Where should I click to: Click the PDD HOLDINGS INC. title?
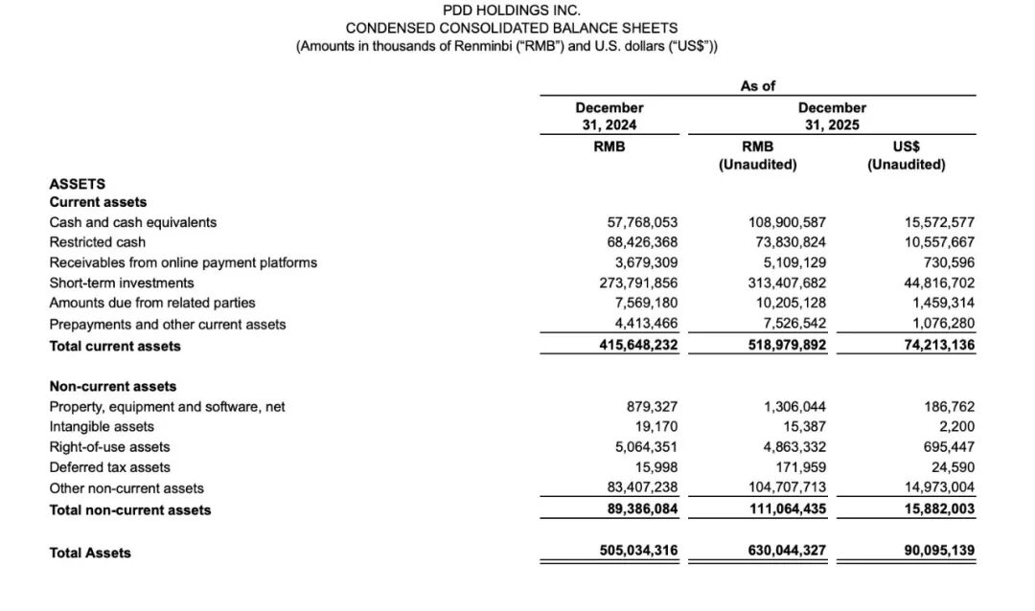(511, 10)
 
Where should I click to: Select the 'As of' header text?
(757, 86)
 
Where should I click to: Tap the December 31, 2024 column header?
(609, 116)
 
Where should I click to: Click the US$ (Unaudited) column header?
(906, 155)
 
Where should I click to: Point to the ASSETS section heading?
(77, 183)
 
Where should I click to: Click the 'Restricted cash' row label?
(97, 242)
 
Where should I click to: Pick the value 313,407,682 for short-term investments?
(787, 283)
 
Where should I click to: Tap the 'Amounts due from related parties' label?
(152, 304)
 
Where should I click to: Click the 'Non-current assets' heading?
(113, 386)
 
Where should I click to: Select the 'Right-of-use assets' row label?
(109, 447)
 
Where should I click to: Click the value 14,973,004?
(939, 488)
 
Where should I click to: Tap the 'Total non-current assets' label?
(130, 509)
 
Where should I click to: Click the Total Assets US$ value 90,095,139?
(939, 552)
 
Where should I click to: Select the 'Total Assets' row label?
(90, 553)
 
